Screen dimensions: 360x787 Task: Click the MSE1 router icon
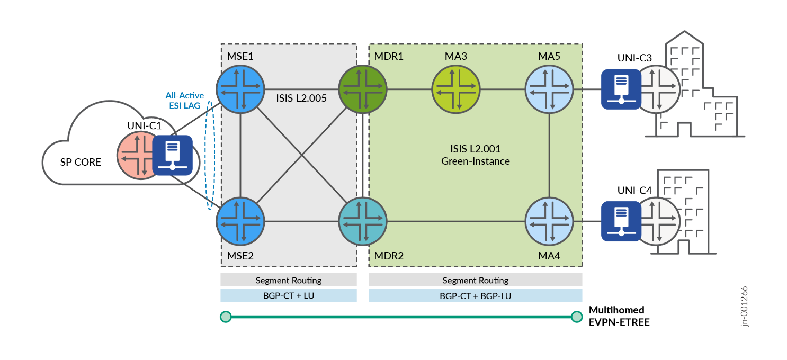[x=240, y=88]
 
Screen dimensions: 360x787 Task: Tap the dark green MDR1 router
[x=362, y=88]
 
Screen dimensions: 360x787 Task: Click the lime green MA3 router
[x=456, y=88]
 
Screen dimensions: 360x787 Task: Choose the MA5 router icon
[x=549, y=88]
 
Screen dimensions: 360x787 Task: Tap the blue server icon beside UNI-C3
[x=621, y=89]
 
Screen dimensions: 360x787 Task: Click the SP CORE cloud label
[x=80, y=162]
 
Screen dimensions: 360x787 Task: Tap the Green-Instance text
[x=475, y=161]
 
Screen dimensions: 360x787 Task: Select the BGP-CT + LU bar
[x=289, y=295]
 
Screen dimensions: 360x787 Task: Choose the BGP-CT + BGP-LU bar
[x=475, y=295]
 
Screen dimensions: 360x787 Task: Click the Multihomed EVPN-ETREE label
[x=619, y=316]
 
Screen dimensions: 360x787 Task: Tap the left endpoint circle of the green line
[x=226, y=317]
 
